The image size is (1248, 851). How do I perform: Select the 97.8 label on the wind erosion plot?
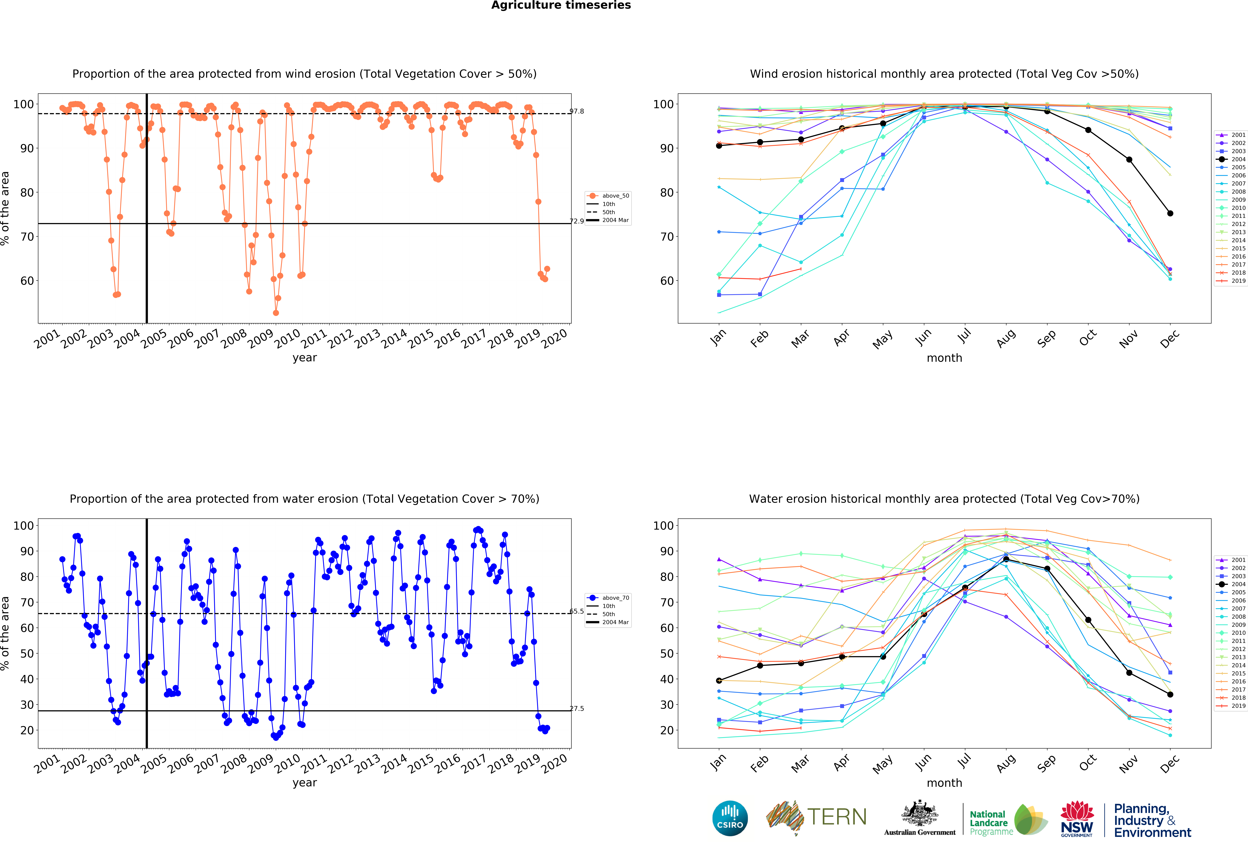pos(577,111)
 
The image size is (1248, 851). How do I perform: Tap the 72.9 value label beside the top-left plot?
pos(577,221)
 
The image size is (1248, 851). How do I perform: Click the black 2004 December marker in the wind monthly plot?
pos(1170,213)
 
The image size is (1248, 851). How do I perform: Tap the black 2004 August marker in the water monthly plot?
pos(1006,559)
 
